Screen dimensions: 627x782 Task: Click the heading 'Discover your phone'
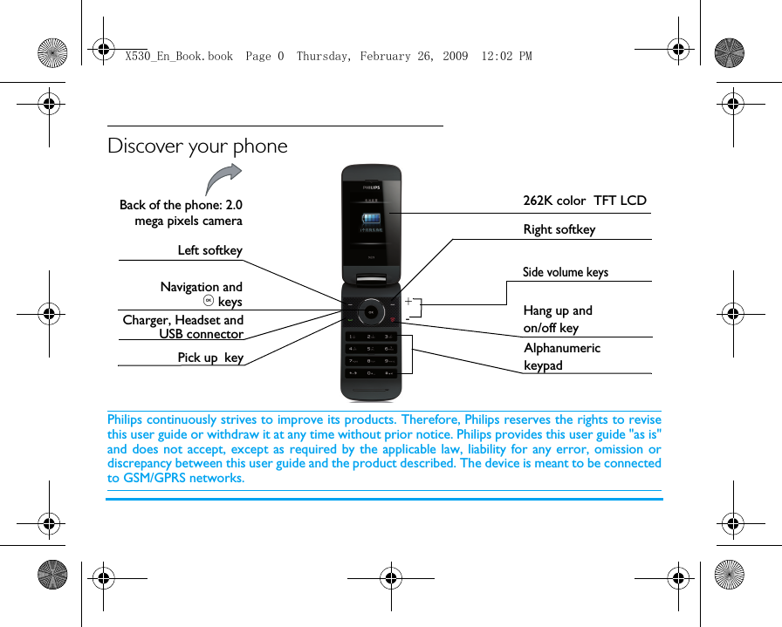197,146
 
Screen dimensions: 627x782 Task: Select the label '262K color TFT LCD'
584,201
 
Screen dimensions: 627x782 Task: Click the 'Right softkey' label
559,229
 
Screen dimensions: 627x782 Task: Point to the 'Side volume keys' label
565,272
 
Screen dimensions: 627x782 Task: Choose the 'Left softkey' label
209,250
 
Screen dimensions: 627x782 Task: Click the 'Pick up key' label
210,358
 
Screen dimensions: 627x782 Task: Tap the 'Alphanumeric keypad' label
561,356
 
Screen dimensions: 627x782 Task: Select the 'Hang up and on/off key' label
557,319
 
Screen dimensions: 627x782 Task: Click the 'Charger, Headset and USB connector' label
183,327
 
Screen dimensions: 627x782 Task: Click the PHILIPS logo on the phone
371,187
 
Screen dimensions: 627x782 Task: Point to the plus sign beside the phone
408,301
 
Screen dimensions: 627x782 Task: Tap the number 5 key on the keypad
371,349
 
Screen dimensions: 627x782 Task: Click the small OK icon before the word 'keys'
208,302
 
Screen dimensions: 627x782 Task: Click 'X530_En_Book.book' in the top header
179,56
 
